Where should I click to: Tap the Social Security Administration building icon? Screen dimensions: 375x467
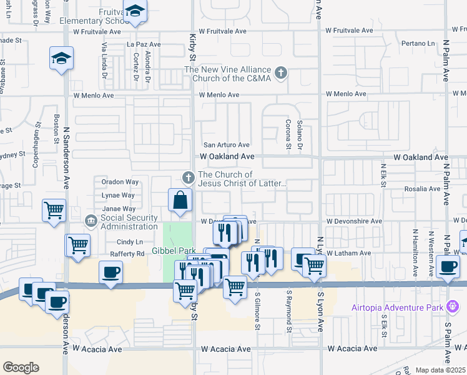(x=91, y=221)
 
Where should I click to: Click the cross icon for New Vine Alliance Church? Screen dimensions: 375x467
(x=281, y=72)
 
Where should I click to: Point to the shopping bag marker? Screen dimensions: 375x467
(x=180, y=201)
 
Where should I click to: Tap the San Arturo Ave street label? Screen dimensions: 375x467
(x=225, y=145)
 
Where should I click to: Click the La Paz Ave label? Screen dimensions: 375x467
(x=144, y=45)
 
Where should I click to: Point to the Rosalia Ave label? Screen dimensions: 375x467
(x=423, y=189)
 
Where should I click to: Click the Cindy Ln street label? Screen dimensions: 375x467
(x=129, y=242)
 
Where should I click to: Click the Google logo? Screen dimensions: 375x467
(x=21, y=367)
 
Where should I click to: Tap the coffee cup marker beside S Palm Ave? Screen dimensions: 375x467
(x=448, y=267)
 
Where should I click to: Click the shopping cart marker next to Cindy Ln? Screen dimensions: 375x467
(x=79, y=245)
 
